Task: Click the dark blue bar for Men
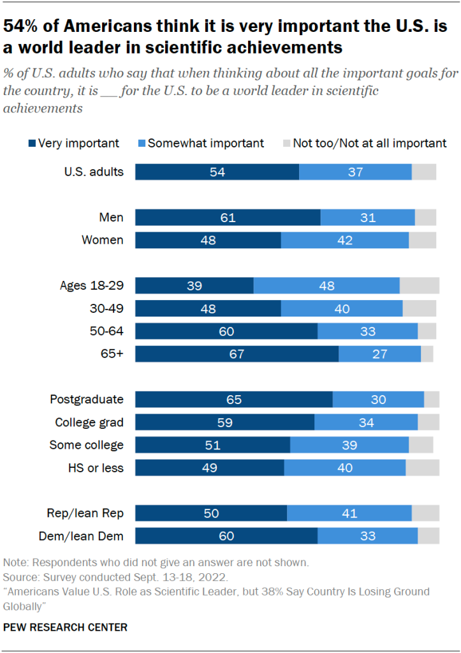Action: (228, 218)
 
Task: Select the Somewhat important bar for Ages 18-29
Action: (326, 286)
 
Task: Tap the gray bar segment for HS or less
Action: (422, 468)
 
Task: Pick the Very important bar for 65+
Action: (237, 354)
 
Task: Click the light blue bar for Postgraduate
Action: (378, 400)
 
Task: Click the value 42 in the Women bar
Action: (345, 240)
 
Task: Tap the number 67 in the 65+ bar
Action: (237, 354)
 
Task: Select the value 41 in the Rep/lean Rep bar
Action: (349, 514)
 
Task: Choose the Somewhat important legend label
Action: (205, 143)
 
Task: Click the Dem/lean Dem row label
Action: (85, 536)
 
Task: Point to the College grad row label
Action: (89, 422)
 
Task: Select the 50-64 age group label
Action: (107, 331)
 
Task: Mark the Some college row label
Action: (87, 445)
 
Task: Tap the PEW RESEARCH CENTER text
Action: (65, 627)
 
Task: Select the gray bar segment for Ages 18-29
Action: (419, 286)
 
